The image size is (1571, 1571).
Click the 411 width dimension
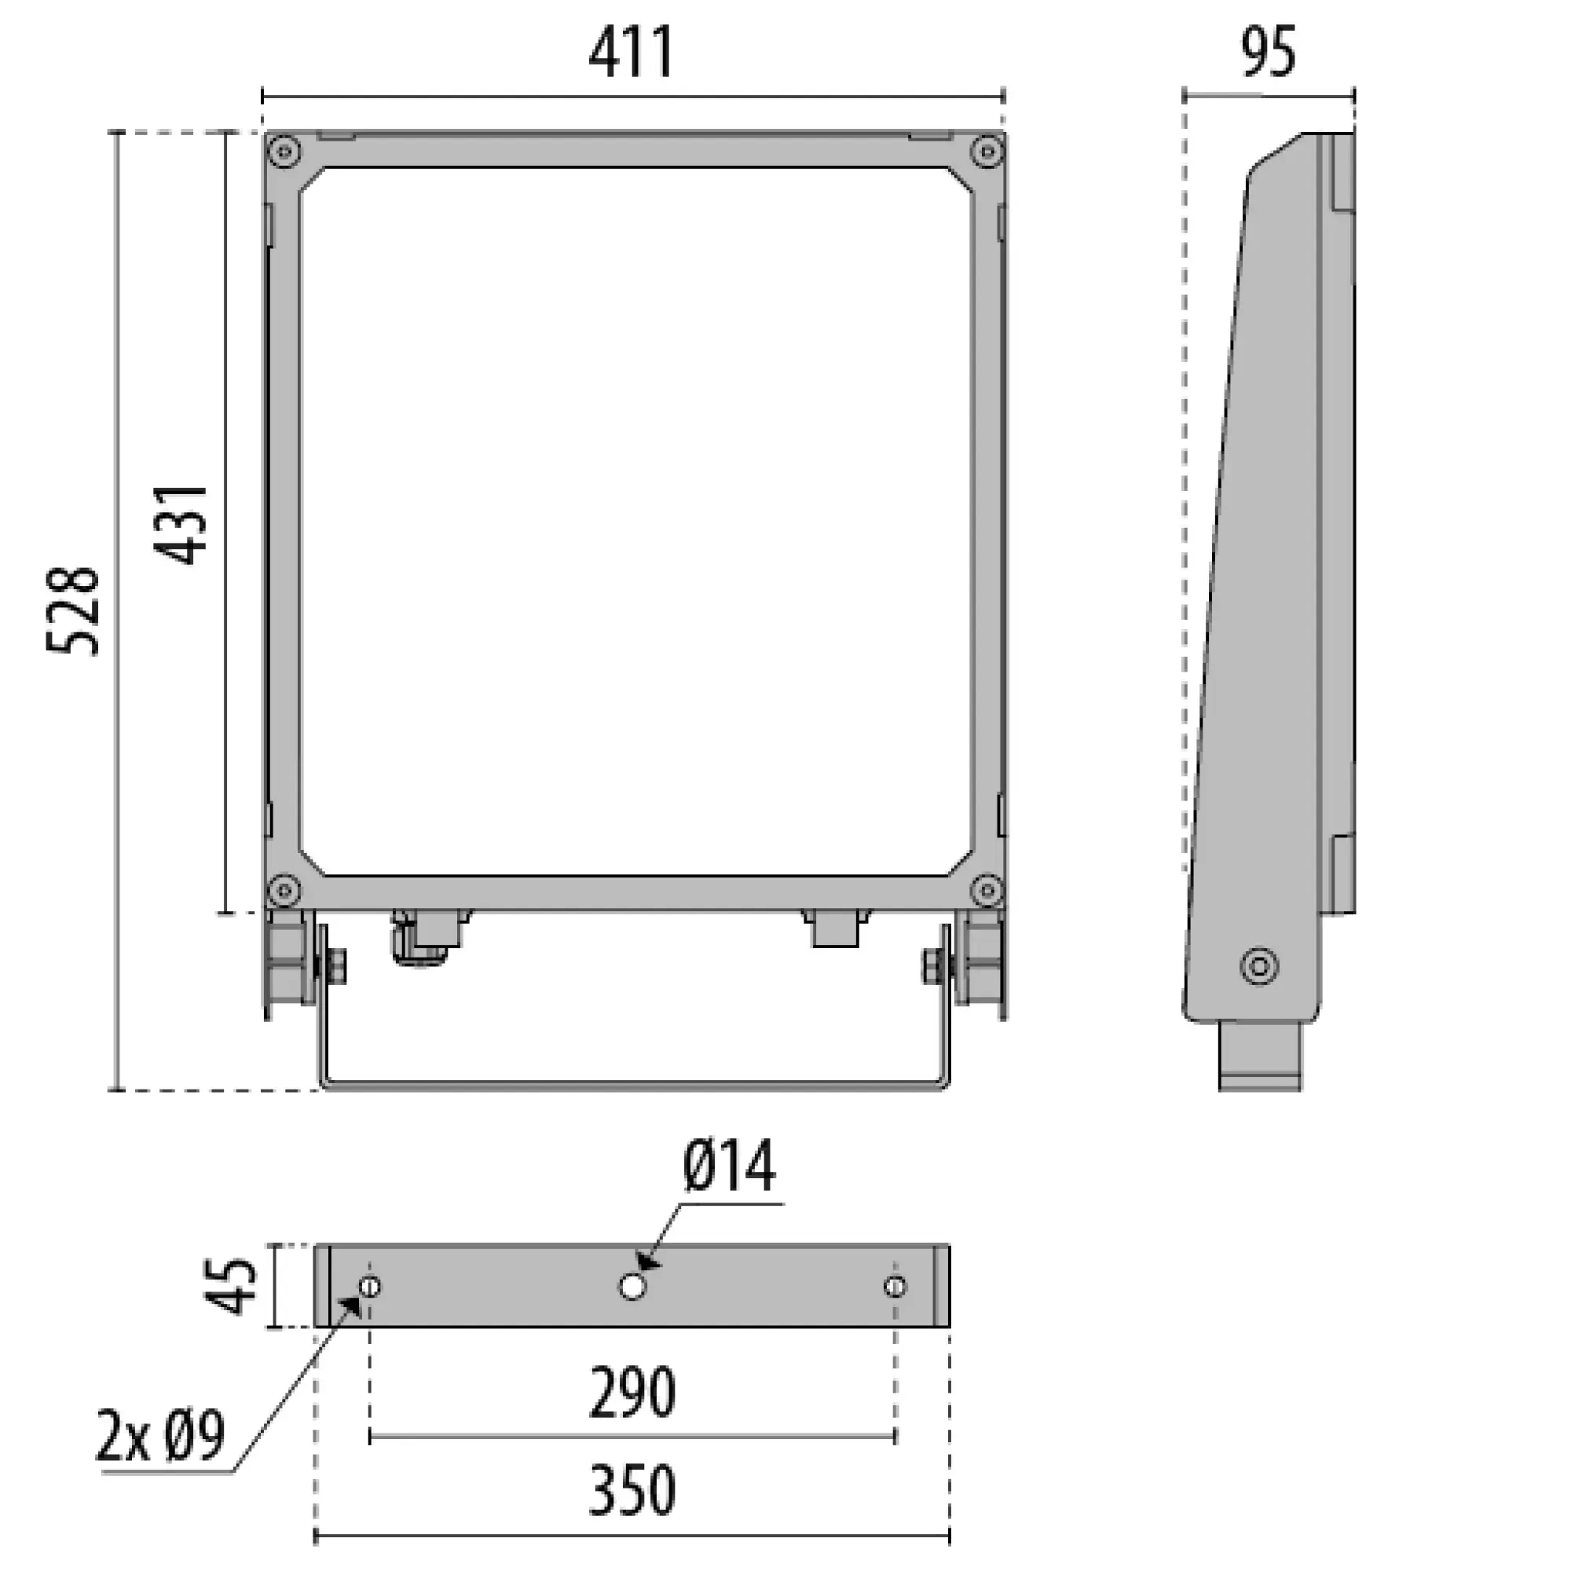tap(632, 53)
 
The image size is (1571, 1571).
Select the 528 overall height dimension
tap(73, 613)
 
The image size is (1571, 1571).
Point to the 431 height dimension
tap(181, 525)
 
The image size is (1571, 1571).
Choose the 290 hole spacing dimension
tap(632, 1393)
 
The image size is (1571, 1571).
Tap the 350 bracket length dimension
tap(632, 1491)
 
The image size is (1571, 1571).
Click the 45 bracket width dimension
tap(229, 1287)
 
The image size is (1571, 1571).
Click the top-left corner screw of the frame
tap(284, 152)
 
